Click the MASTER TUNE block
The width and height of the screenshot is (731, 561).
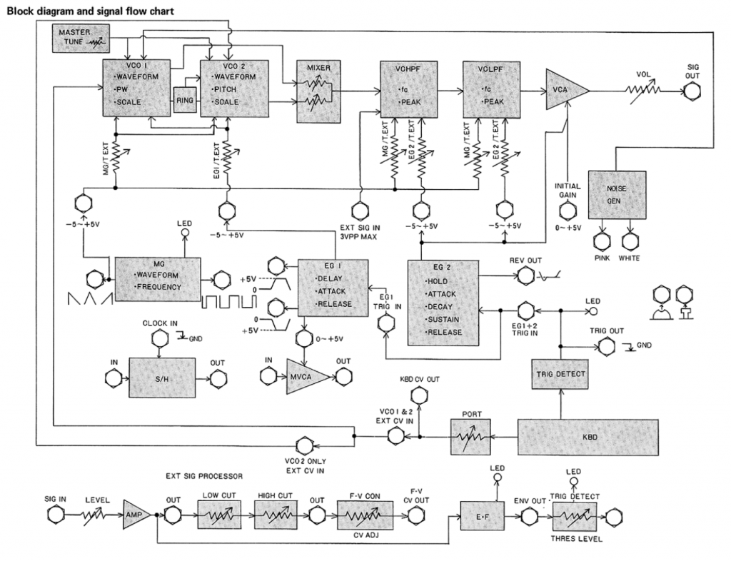77,38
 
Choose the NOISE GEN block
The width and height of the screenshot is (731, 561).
616,194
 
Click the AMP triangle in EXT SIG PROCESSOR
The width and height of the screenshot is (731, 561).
133,512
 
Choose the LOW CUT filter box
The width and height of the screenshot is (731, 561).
220,512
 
